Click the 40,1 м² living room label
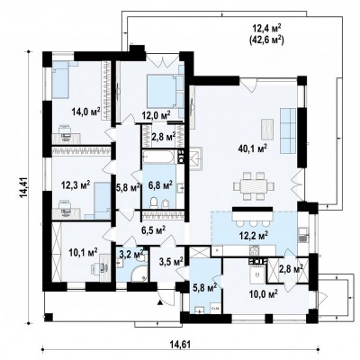(x=252, y=148)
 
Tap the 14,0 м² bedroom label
(x=85, y=112)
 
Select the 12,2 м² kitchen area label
(x=254, y=236)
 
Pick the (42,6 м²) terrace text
(x=266, y=40)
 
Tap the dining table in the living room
(x=254, y=186)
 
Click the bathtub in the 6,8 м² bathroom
(x=158, y=157)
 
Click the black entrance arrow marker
(x=160, y=302)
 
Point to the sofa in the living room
(x=288, y=130)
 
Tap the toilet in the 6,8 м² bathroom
(x=154, y=202)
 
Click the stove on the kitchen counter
(x=255, y=249)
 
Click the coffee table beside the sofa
(x=267, y=129)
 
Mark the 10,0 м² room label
(x=263, y=292)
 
